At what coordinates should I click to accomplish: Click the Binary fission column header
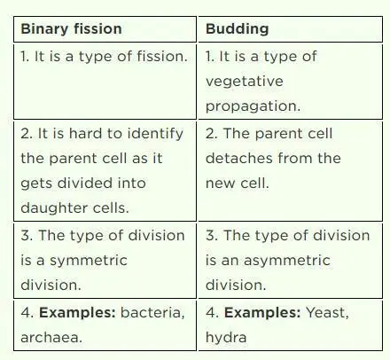point(71,28)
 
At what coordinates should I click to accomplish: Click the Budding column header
point(237,28)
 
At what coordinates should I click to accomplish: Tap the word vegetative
point(244,82)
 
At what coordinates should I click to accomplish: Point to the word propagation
point(253,106)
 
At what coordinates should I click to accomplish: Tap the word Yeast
point(331,312)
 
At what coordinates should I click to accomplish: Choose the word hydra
point(225,338)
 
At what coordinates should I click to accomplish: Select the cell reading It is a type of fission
point(104,57)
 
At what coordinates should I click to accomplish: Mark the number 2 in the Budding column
point(210,133)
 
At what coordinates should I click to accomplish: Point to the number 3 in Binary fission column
point(26,235)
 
